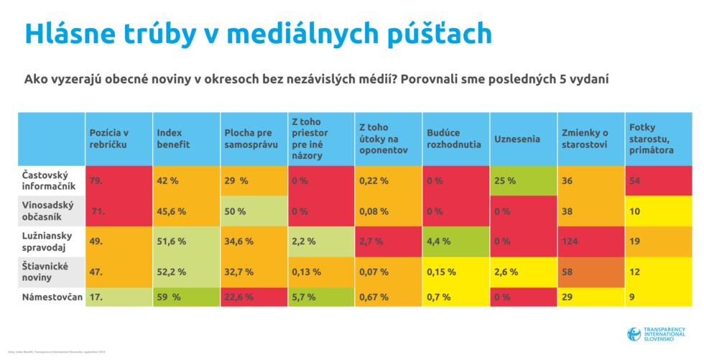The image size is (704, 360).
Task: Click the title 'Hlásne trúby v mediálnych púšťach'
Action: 258,33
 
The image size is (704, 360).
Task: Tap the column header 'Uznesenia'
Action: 517,139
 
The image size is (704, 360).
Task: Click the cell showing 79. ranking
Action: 119,181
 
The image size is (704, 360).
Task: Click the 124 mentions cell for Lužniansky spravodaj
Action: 590,241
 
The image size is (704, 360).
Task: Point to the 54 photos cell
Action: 658,181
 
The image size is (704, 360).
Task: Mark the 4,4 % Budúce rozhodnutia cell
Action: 456,241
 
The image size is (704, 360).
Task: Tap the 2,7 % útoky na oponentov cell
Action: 389,241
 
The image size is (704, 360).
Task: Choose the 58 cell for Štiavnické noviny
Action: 590,272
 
